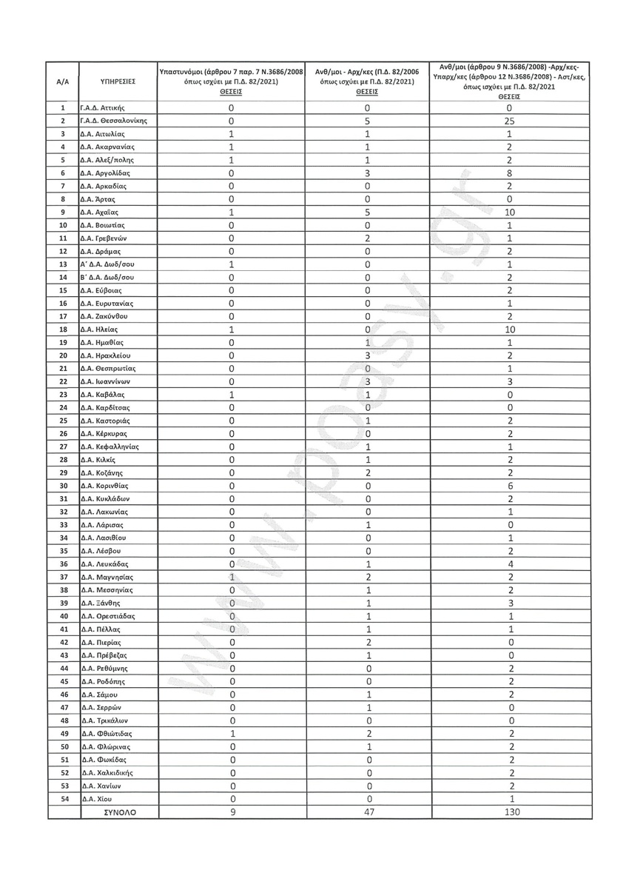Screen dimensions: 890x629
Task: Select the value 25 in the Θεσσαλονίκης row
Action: click(x=509, y=121)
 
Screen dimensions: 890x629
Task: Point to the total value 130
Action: click(x=509, y=812)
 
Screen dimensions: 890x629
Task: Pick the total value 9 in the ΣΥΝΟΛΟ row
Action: click(x=232, y=812)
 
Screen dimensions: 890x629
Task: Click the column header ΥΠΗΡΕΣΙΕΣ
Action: click(x=117, y=81)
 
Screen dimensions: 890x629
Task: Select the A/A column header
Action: click(x=63, y=81)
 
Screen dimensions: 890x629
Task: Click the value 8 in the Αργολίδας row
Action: click(x=509, y=173)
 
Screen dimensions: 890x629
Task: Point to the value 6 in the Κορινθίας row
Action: click(x=509, y=486)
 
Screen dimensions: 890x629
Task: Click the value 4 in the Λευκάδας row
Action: click(x=509, y=564)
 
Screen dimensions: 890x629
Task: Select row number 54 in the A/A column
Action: click(x=63, y=799)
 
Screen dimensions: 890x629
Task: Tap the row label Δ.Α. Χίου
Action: click(x=95, y=799)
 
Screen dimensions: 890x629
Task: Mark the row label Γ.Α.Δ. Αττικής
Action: click(x=107, y=107)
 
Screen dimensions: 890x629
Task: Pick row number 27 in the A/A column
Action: click(x=63, y=446)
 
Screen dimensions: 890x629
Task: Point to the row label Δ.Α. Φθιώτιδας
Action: click(x=107, y=734)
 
